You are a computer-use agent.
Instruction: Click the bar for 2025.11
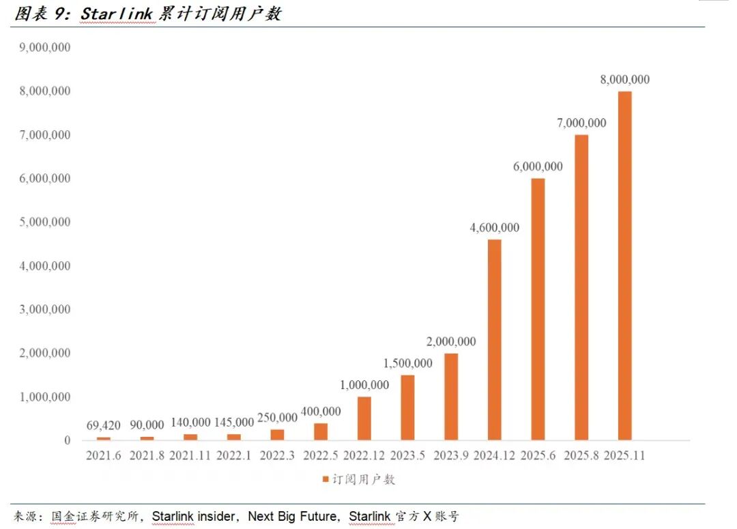(x=624, y=266)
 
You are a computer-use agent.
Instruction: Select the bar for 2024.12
(x=494, y=339)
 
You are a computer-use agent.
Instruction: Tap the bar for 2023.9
(x=451, y=397)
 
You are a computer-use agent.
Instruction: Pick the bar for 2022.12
(x=364, y=418)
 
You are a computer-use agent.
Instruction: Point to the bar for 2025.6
(x=538, y=309)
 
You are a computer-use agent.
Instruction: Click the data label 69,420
(x=104, y=426)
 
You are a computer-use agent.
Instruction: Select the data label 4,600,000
(x=494, y=228)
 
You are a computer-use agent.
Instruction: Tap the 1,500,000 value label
(x=407, y=363)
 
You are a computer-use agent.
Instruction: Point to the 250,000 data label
(x=277, y=417)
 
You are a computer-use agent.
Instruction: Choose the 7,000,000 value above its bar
(x=581, y=123)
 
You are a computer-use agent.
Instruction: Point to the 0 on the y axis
(x=67, y=440)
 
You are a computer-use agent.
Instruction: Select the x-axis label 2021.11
(x=190, y=455)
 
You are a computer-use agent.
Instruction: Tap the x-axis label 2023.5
(x=407, y=455)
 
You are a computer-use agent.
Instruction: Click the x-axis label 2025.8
(x=581, y=455)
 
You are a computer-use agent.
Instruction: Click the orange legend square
(x=326, y=479)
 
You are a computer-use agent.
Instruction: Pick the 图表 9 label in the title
(x=41, y=14)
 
